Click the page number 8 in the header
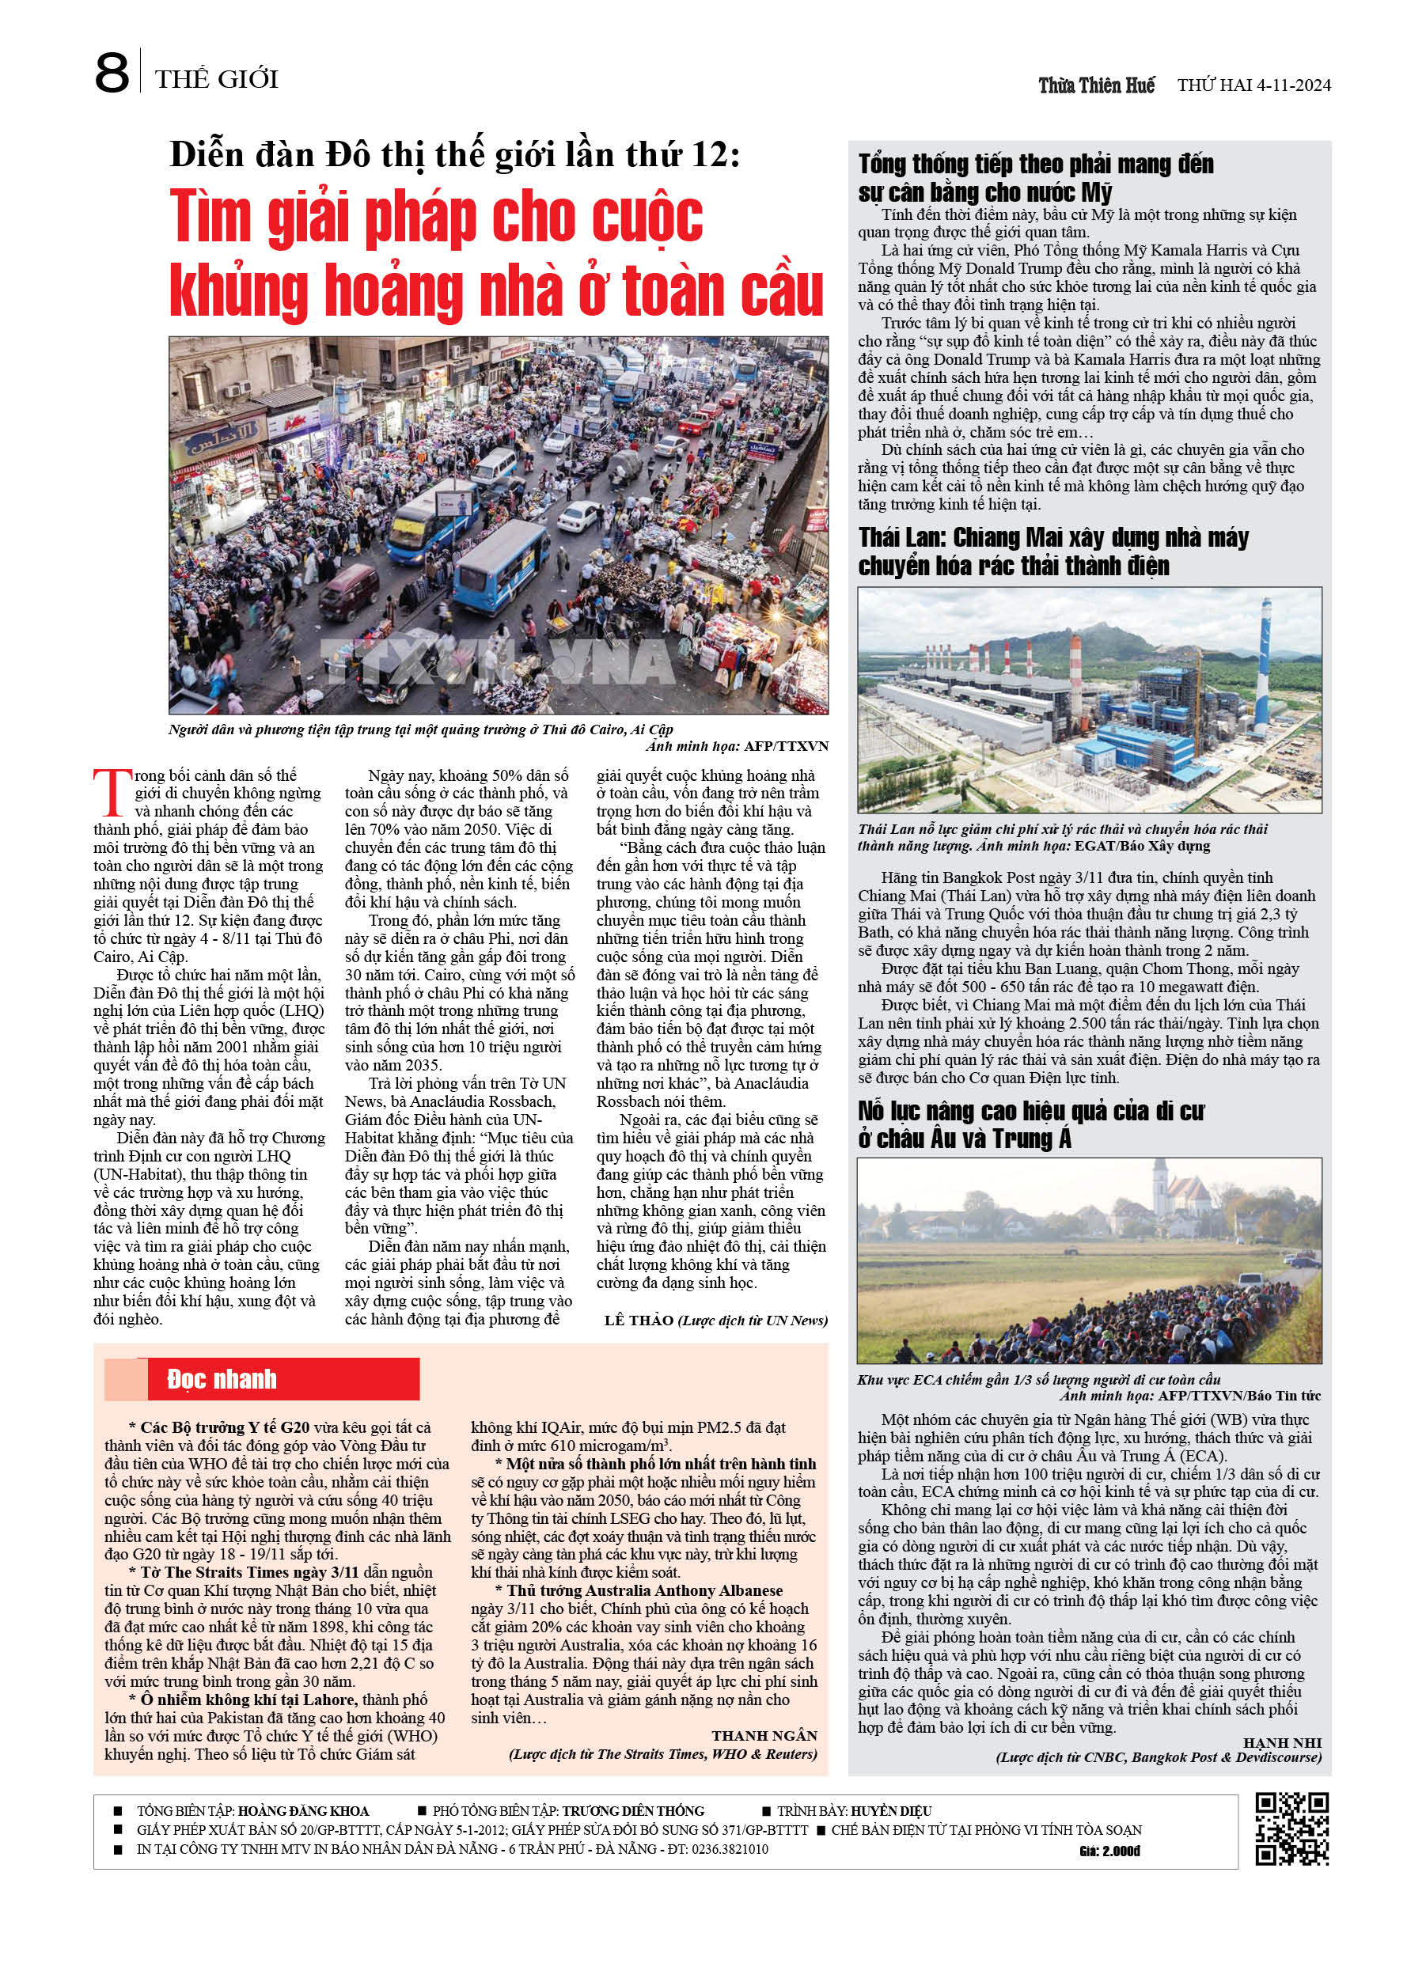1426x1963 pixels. (112, 74)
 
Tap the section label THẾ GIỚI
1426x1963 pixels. (217, 80)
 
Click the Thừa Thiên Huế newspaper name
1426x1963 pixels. (1096, 85)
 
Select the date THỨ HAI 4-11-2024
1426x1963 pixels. (1253, 85)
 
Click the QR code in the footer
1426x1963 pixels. (1291, 1828)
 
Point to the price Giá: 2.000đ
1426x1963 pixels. (1109, 1851)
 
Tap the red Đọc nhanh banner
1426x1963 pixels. (263, 1379)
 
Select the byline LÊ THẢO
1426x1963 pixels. (639, 1320)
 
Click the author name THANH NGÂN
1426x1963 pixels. (764, 1735)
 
